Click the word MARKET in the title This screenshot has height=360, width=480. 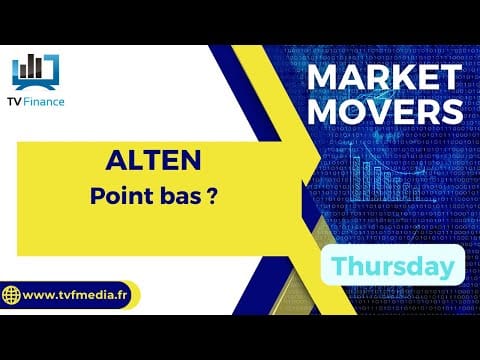tap(385, 77)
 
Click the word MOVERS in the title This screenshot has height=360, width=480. tap(385, 111)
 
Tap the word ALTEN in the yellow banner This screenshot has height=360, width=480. tap(153, 160)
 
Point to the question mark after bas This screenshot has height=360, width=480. tap(212, 196)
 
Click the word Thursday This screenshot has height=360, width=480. tap(393, 266)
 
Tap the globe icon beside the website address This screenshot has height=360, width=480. tap(11, 295)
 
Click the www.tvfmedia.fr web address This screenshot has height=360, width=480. tap(75, 295)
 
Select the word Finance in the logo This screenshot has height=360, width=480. tap(44, 102)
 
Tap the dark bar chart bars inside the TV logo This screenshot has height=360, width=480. tap(31, 66)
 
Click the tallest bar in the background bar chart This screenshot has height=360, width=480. tap(356, 179)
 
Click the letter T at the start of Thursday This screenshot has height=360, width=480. tap(339, 265)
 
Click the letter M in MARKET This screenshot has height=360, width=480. tap(323, 77)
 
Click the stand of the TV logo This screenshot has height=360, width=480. tap(35, 87)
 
